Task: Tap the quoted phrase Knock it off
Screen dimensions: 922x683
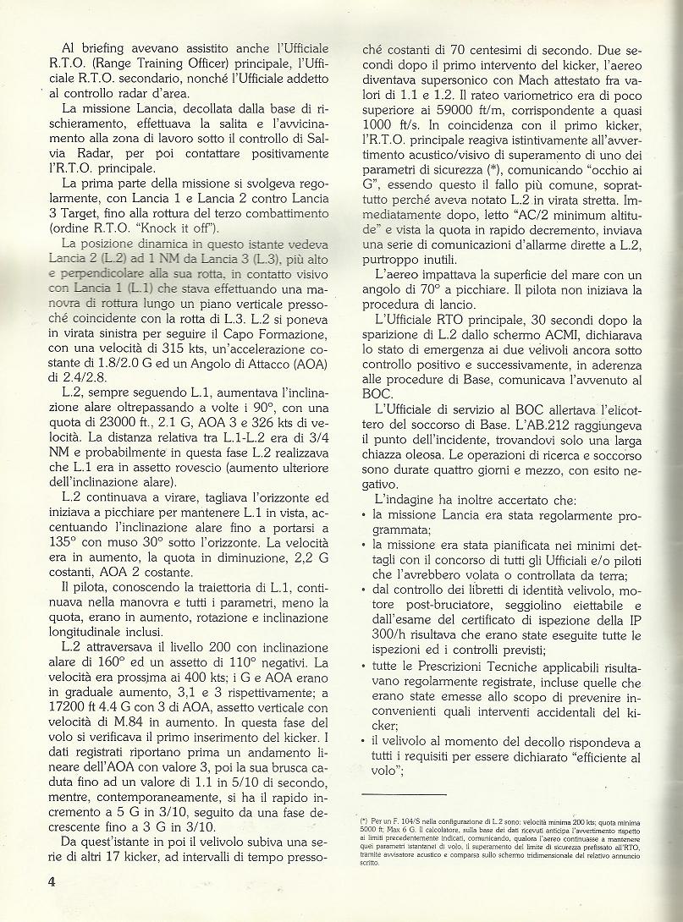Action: click(187, 228)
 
